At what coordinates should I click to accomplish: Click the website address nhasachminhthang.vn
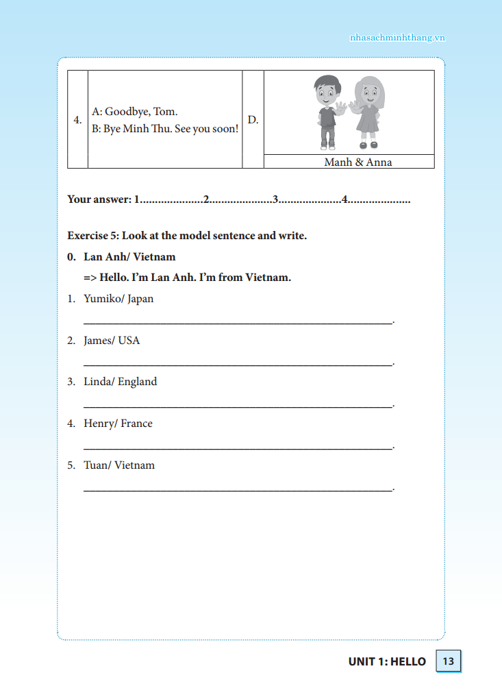[x=397, y=38]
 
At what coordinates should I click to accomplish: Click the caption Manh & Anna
[x=358, y=162]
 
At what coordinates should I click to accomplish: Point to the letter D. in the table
[x=253, y=120]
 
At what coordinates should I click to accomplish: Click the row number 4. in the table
[x=77, y=120]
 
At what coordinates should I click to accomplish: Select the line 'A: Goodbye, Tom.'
[x=134, y=111]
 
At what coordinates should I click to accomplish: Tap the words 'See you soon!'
[x=206, y=129]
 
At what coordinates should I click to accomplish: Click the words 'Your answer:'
[x=99, y=199]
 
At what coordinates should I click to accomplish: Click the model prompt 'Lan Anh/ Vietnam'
[x=129, y=257]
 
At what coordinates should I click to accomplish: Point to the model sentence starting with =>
[x=188, y=278]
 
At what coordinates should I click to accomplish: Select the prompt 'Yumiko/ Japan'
[x=118, y=299]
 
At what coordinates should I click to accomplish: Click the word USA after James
[x=129, y=341]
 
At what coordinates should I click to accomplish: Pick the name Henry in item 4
[x=99, y=424]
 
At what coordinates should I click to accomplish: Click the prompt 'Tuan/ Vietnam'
[x=119, y=465]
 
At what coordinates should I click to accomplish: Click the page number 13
[x=449, y=661]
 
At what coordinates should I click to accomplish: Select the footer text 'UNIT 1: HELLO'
[x=387, y=662]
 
